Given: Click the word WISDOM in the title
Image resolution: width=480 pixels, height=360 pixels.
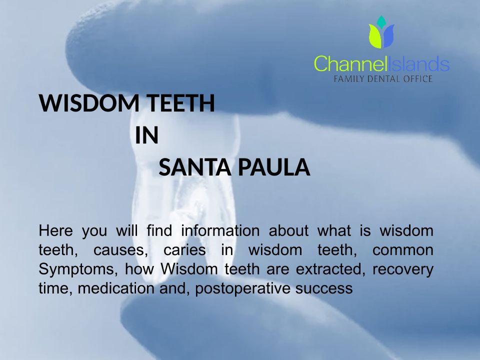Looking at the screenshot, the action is (x=89, y=103).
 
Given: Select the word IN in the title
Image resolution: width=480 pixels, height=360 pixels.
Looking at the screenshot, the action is (x=147, y=135).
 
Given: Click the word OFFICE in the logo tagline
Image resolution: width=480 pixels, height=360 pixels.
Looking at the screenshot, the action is (x=417, y=79).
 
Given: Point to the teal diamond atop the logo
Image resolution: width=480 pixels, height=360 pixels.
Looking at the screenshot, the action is (x=381, y=21).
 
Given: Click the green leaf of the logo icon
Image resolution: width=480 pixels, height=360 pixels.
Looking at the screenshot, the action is (x=375, y=36).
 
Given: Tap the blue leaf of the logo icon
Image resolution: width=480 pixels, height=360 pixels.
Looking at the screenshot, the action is (x=388, y=36).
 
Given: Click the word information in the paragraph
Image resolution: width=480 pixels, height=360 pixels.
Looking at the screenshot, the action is (x=220, y=230).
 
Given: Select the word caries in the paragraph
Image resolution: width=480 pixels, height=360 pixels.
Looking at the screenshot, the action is (x=184, y=250).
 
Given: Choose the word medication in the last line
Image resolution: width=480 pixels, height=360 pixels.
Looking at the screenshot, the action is (x=115, y=288).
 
